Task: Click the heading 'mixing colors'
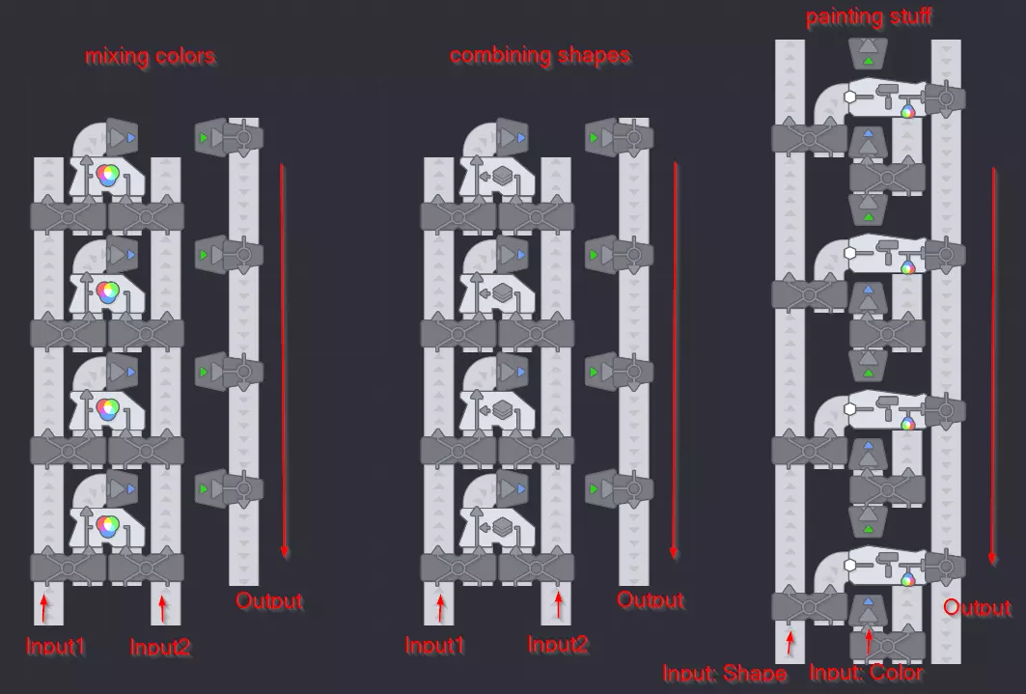(x=150, y=56)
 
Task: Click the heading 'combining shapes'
(x=540, y=56)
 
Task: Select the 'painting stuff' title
(x=869, y=16)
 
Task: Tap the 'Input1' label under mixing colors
(x=56, y=647)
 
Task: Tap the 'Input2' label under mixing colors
(x=160, y=647)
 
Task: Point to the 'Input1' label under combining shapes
(x=434, y=646)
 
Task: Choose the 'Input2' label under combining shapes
(x=558, y=645)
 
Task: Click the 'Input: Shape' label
(x=724, y=673)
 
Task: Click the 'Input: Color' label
(x=867, y=673)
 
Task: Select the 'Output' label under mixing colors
(x=269, y=600)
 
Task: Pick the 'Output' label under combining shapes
(x=651, y=599)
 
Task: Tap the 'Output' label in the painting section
(x=977, y=608)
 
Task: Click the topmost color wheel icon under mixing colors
(x=108, y=176)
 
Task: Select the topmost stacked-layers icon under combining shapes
(x=502, y=176)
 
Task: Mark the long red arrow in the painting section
(x=993, y=366)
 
